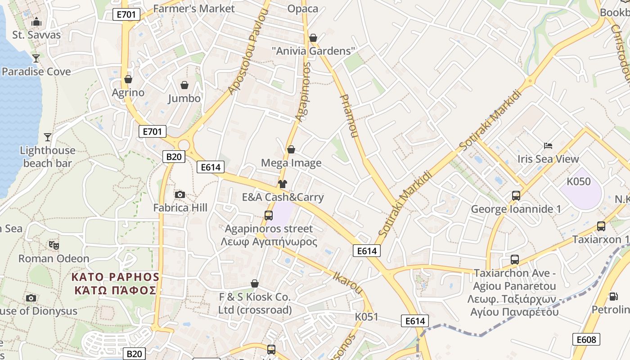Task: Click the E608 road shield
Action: [x=586, y=339]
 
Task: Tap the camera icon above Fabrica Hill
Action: [x=180, y=194]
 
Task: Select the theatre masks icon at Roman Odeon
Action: [x=54, y=245]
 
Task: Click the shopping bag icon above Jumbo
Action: [x=184, y=85]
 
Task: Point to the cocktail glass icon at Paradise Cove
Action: [x=36, y=58]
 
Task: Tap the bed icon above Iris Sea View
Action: [x=548, y=146]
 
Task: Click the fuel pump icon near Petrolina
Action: [x=613, y=297]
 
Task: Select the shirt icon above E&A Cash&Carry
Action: [x=283, y=184]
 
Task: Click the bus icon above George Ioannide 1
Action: [x=516, y=196]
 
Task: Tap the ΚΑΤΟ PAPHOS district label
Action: [x=117, y=277]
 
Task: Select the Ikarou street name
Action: [x=348, y=283]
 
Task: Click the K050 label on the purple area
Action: [x=578, y=182]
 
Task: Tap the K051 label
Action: [x=367, y=317]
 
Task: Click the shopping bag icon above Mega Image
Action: [x=291, y=149]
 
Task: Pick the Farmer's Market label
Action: [x=194, y=9]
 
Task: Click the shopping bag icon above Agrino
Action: [x=128, y=79]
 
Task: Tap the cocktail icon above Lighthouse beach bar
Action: [x=48, y=137]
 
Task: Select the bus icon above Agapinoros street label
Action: [x=269, y=215]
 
